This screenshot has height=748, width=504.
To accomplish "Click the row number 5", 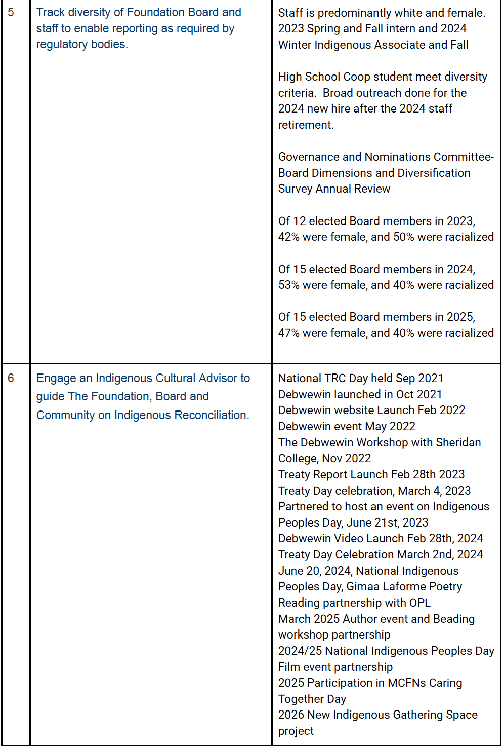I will click(11, 12).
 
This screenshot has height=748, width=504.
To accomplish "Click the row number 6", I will click(11, 378).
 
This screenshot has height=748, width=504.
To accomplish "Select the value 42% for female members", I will click(288, 237).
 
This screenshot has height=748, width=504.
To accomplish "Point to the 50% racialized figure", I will click(404, 237).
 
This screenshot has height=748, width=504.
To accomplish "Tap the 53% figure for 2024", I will click(288, 285).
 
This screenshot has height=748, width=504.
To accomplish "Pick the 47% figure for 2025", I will click(288, 333).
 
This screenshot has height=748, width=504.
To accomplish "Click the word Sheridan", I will click(458, 442).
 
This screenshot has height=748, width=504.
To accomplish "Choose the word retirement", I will click(305, 125).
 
